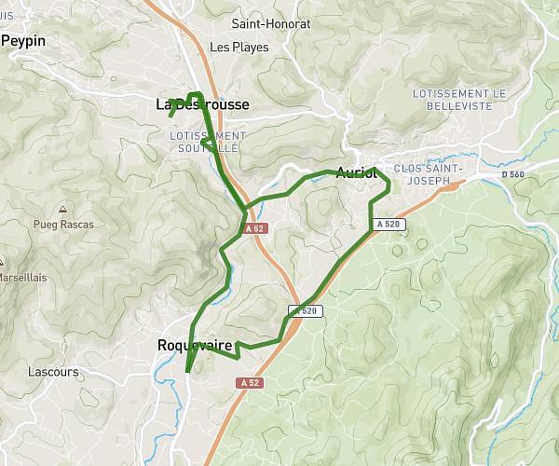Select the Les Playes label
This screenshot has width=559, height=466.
pyautogui.click(x=239, y=47)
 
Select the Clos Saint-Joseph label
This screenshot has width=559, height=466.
pyautogui.click(x=429, y=174)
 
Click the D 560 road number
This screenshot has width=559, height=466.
pyautogui.click(x=512, y=174)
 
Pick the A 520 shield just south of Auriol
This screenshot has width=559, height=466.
pyautogui.click(x=389, y=225)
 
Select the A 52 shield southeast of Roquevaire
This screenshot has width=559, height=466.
pyautogui.click(x=248, y=383)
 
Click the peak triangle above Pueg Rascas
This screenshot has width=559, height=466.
pyautogui.click(x=62, y=209)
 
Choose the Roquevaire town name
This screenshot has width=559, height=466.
pyautogui.click(x=195, y=346)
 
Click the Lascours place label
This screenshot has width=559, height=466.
pyautogui.click(x=53, y=372)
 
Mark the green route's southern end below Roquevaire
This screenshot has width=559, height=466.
pyautogui.click(x=187, y=371)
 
